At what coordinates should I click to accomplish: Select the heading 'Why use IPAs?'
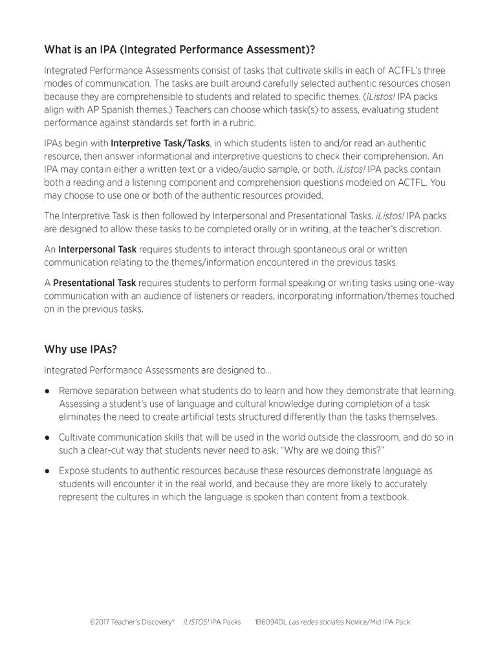(80, 349)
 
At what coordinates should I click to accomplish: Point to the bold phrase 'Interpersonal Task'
(97, 249)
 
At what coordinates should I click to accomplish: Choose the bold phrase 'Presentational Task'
(94, 283)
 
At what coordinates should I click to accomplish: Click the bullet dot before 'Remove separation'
(48, 391)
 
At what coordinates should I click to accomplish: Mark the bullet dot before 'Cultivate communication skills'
(48, 438)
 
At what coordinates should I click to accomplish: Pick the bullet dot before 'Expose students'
(48, 471)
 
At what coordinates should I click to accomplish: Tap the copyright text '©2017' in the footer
(100, 622)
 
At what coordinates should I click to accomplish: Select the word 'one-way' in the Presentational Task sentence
(437, 283)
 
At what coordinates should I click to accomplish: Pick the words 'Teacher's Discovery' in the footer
(144, 622)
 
